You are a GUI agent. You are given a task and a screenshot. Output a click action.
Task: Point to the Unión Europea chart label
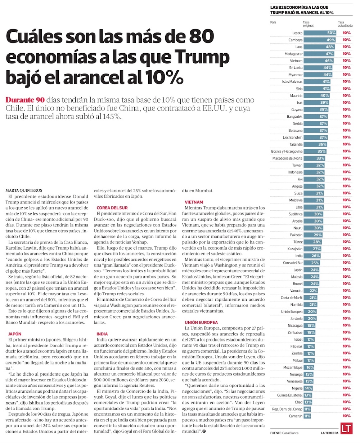click(x=292, y=312)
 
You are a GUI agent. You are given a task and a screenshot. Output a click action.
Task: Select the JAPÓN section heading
click(x=14, y=334)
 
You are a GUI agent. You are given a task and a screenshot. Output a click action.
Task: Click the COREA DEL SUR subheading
click(x=112, y=208)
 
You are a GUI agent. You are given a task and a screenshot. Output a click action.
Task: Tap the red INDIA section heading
click(x=102, y=334)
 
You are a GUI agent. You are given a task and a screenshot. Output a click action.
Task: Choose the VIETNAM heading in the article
click(x=194, y=202)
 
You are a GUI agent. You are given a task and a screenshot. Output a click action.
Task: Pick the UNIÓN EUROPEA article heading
click(x=201, y=322)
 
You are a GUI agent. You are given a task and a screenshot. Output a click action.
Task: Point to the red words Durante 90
click(x=25, y=100)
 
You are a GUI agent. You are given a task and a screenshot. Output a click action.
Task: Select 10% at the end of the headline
click(x=163, y=77)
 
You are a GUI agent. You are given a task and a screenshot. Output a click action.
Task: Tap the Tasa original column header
click(x=308, y=24)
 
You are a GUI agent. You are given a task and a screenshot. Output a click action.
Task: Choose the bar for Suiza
click(x=314, y=193)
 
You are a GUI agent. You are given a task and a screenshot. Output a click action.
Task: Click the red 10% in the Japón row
click(x=347, y=270)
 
